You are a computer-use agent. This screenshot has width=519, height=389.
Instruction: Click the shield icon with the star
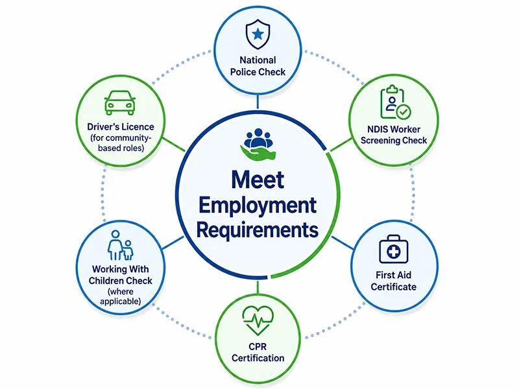[258, 34]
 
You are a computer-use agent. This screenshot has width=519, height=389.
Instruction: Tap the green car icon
[120, 102]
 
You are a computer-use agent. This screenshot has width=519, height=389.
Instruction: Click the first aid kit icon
[394, 250]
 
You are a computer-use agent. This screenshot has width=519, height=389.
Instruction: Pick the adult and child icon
[120, 245]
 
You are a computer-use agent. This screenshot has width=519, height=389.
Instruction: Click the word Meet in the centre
[258, 180]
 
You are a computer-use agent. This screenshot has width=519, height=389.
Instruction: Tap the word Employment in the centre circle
[258, 206]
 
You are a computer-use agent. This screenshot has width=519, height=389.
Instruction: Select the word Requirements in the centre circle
[258, 230]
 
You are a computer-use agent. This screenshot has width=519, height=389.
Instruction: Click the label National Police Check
[258, 66]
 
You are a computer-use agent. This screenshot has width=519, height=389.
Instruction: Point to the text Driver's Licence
[121, 126]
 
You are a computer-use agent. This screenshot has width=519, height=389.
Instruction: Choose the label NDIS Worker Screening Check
[394, 135]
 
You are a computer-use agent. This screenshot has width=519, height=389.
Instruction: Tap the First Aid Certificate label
[394, 281]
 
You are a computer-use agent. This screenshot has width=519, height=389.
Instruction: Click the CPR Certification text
[258, 352]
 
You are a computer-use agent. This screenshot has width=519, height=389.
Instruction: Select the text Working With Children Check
[120, 275]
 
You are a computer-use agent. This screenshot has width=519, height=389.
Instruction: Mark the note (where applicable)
[121, 296]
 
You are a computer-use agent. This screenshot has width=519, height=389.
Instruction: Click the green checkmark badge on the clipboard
[404, 112]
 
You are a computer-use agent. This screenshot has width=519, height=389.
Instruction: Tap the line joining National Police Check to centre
[258, 102]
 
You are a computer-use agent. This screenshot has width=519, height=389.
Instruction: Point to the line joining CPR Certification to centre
[258, 287]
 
